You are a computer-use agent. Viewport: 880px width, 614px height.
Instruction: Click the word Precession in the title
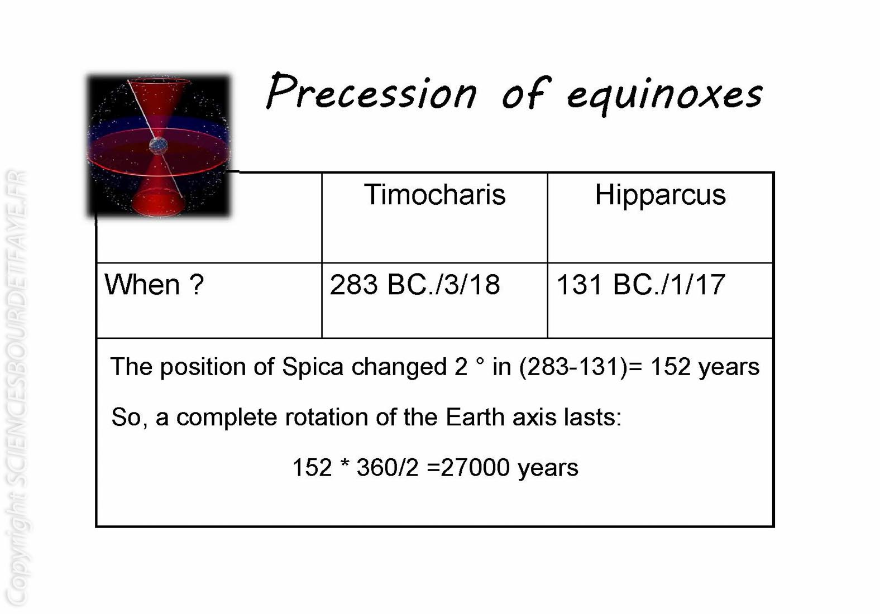tap(371, 91)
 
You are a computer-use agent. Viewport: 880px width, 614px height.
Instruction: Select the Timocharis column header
tap(434, 194)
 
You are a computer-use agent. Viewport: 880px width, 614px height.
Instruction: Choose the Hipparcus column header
tap(661, 195)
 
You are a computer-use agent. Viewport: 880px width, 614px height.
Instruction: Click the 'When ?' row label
tap(154, 284)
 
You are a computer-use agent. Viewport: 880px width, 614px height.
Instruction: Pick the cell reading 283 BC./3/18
tap(415, 285)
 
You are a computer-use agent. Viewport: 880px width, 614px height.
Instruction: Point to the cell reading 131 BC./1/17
tap(641, 285)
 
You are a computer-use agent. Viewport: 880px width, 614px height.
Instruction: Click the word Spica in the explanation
tap(313, 367)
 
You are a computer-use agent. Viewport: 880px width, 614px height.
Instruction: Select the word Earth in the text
tap(475, 417)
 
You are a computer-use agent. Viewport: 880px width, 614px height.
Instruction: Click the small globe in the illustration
tap(159, 146)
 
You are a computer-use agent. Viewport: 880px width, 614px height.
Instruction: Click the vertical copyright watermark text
tap(17, 389)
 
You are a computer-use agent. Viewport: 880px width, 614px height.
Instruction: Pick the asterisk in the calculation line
tap(345, 463)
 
